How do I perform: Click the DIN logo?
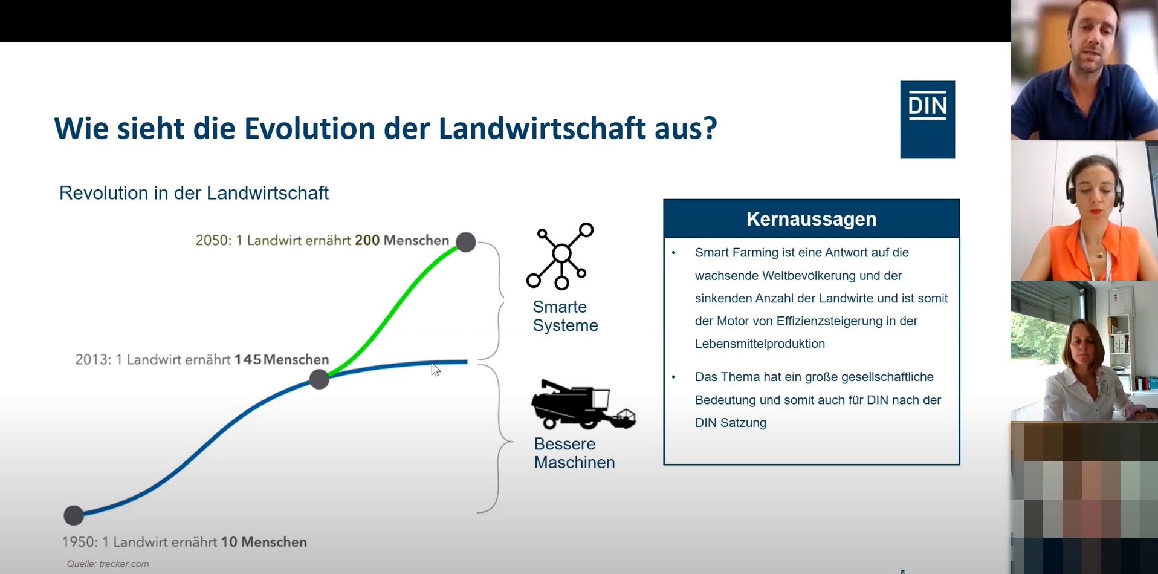click(x=927, y=120)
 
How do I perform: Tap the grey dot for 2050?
click(x=466, y=242)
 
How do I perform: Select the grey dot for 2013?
click(x=319, y=379)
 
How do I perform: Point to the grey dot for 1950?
click(x=74, y=515)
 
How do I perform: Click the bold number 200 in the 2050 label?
click(x=367, y=240)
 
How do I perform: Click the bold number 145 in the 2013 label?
click(x=248, y=359)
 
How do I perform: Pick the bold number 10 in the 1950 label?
click(x=229, y=542)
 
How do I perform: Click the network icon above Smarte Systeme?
click(x=560, y=256)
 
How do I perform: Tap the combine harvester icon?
click(x=583, y=405)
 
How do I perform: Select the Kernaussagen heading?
click(x=811, y=219)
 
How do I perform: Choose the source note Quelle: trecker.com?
click(x=108, y=564)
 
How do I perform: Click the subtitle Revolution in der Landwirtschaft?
click(x=194, y=193)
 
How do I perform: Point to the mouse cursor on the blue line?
click(x=435, y=369)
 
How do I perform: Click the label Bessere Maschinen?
click(x=574, y=453)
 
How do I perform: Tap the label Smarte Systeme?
click(x=565, y=316)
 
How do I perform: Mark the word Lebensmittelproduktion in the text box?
click(x=760, y=344)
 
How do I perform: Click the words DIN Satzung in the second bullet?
click(x=731, y=423)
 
